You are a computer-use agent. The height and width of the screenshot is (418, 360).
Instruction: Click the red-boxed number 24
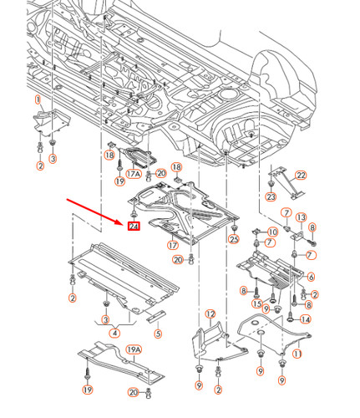tap(133, 225)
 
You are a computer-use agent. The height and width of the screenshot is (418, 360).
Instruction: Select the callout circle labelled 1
tap(37, 99)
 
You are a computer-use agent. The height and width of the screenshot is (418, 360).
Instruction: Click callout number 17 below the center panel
tap(172, 245)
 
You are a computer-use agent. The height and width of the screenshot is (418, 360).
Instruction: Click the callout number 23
tap(271, 197)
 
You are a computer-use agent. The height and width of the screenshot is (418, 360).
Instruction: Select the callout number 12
tap(210, 313)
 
